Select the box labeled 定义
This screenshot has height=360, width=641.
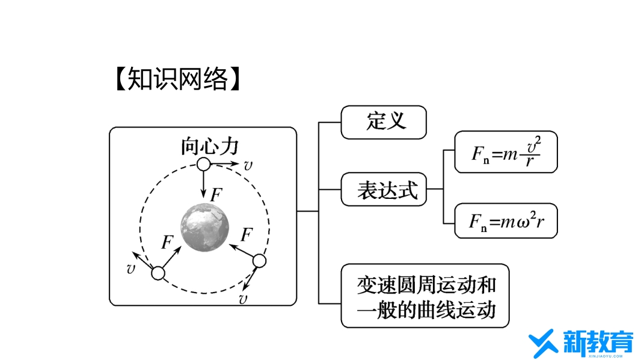click(384, 122)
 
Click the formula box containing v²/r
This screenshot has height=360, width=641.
click(506, 152)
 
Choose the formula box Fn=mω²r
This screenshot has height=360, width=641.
click(506, 221)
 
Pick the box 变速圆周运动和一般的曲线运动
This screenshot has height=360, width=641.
click(425, 296)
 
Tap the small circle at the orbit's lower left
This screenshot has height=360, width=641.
click(158, 273)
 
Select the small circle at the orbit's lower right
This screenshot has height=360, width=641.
click(259, 261)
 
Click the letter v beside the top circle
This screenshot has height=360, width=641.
click(248, 165)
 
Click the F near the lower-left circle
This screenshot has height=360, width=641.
click(168, 242)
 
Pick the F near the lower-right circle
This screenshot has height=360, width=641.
click(247, 234)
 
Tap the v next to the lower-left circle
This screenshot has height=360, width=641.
click(130, 269)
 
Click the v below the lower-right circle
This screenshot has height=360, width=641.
click(243, 299)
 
